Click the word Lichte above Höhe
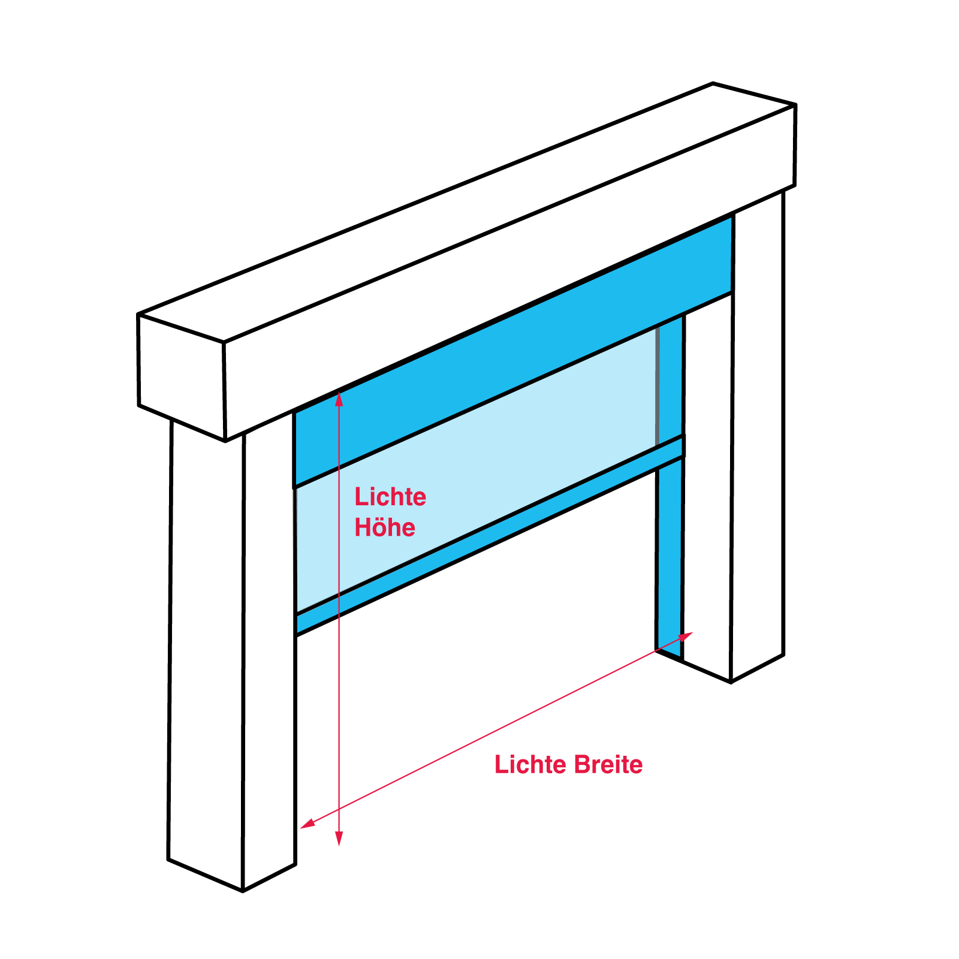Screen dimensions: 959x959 coord(390,497)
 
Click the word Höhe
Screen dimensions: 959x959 coord(385,527)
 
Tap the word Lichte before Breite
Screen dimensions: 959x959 coord(530,765)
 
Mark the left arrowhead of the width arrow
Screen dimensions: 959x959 coord(307,824)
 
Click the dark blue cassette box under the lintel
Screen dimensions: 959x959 coord(513,351)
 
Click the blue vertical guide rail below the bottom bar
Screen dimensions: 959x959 coord(670,557)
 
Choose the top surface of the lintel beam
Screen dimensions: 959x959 coord(466,213)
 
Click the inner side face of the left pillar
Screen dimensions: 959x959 coord(269,651)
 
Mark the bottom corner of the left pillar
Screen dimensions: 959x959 coord(243,892)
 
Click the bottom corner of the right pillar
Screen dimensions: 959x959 coord(731,683)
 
